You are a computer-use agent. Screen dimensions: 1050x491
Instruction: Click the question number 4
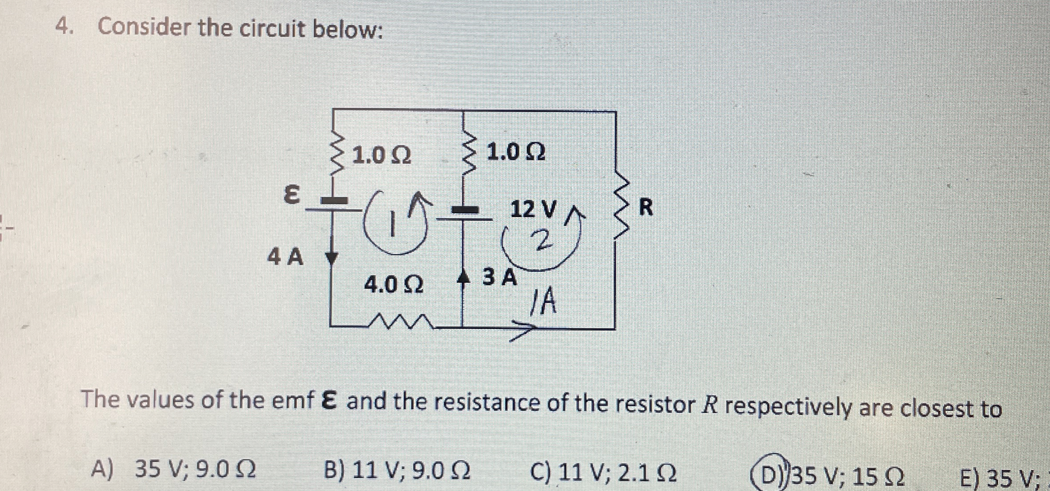click(63, 27)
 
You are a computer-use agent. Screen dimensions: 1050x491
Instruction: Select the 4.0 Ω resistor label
click(394, 284)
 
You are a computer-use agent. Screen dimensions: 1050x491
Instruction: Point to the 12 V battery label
click(533, 209)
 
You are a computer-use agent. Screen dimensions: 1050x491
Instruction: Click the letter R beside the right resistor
click(646, 207)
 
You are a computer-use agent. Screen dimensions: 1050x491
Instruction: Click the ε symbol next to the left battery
click(291, 195)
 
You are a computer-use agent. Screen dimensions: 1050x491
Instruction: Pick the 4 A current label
click(285, 257)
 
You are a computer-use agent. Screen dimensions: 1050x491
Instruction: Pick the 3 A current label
click(500, 277)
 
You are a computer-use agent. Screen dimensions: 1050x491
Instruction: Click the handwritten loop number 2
click(543, 241)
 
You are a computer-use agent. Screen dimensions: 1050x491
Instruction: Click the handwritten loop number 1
click(392, 224)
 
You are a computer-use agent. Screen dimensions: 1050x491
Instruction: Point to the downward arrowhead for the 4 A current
click(332, 258)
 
